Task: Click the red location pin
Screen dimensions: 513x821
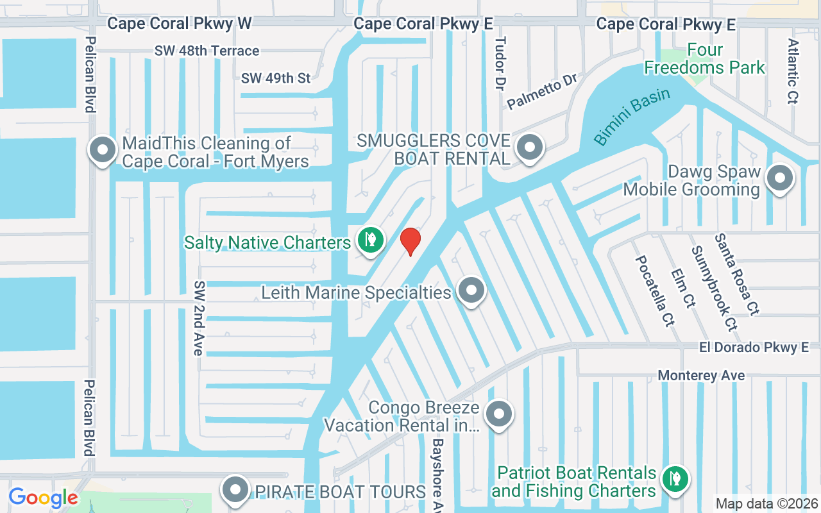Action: (x=410, y=241)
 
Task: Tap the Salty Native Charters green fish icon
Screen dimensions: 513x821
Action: (x=371, y=240)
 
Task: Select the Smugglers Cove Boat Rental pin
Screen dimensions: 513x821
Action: (x=530, y=147)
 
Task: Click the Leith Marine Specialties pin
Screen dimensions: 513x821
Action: (x=471, y=290)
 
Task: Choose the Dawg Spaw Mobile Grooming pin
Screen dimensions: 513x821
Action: (x=780, y=178)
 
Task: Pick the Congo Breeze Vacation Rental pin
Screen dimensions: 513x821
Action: (x=498, y=414)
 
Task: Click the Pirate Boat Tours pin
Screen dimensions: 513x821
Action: (x=235, y=490)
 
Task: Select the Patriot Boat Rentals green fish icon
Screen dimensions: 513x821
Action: (x=674, y=478)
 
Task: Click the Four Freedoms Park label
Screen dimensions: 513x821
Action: (x=705, y=58)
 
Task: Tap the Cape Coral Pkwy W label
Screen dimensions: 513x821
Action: (x=180, y=24)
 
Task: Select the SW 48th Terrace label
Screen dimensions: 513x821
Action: (x=207, y=51)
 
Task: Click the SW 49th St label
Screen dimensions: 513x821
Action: (x=276, y=78)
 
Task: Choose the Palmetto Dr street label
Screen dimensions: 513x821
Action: (x=542, y=91)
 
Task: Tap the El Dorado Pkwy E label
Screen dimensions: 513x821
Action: (x=754, y=348)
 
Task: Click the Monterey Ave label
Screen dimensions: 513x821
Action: (x=701, y=375)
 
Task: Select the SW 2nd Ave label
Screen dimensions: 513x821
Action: (x=199, y=318)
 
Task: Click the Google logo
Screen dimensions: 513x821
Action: (x=43, y=498)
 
